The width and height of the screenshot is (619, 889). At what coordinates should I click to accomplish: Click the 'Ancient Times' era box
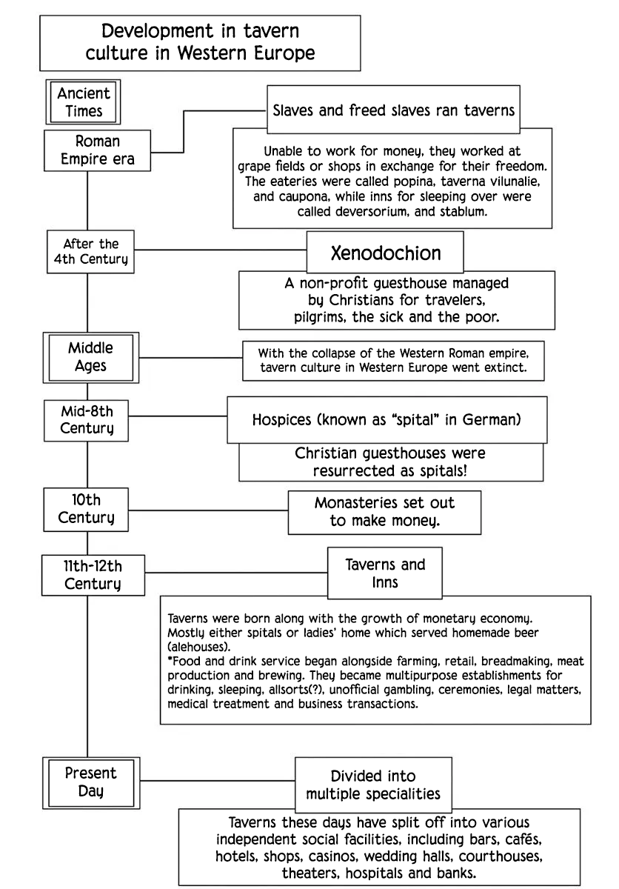tap(83, 102)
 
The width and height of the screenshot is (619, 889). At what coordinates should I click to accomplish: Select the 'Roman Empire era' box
tap(97, 150)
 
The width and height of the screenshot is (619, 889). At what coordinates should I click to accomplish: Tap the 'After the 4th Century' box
tap(90, 252)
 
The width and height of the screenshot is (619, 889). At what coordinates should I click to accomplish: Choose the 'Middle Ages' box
tap(91, 358)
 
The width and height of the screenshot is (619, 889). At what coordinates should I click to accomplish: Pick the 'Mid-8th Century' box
tap(86, 420)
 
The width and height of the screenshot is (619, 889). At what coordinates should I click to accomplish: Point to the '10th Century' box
tap(86, 510)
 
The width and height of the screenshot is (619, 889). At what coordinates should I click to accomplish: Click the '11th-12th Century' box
tap(93, 575)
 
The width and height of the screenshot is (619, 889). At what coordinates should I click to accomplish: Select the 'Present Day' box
tap(91, 782)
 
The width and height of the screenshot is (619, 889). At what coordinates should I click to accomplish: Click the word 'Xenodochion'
tap(386, 253)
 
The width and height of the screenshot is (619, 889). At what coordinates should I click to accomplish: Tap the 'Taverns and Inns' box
tap(384, 573)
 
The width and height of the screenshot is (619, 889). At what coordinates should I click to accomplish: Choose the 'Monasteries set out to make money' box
tap(384, 513)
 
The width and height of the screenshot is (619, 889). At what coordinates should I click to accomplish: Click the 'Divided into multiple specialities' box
tap(373, 785)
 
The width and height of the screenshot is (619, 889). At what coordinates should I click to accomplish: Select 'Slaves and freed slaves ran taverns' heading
tap(393, 110)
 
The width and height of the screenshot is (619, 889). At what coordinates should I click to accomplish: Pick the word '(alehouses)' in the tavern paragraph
tap(198, 647)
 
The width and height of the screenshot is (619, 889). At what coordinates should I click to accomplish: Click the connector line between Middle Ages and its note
tap(191, 358)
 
